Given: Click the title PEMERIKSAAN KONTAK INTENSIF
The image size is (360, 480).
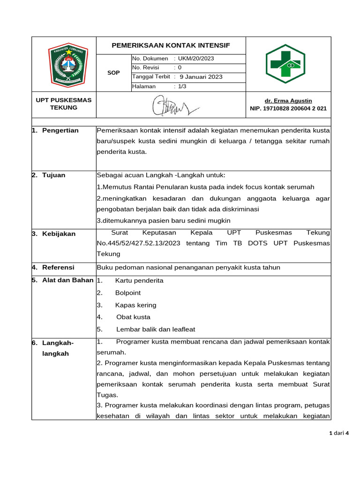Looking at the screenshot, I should point(171,45).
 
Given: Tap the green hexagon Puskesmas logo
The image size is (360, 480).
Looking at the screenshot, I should point(285,64).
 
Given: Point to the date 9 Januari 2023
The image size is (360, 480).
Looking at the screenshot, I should point(201,77).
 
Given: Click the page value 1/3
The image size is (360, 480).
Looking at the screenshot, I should point(182,86).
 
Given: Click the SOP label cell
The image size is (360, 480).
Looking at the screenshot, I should point(113,73).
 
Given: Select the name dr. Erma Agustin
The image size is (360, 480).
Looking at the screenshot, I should point(288,101).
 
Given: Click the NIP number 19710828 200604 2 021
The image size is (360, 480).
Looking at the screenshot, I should point(288,108).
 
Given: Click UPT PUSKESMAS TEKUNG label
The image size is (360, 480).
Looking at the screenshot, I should point(64,104).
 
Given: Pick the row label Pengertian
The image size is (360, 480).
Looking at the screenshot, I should point(60,130).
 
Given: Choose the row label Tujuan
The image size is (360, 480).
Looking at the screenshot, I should point(53,175).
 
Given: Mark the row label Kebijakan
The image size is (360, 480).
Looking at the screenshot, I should point(59,233).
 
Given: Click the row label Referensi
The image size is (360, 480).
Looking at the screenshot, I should point(58,267).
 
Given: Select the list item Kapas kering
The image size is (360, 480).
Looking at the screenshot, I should point(135,305).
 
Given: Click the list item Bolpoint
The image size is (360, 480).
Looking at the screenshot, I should point(127,293).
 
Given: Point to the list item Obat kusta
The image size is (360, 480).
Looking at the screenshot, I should point(133,317).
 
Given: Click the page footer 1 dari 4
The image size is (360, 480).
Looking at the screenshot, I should point(340,433).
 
